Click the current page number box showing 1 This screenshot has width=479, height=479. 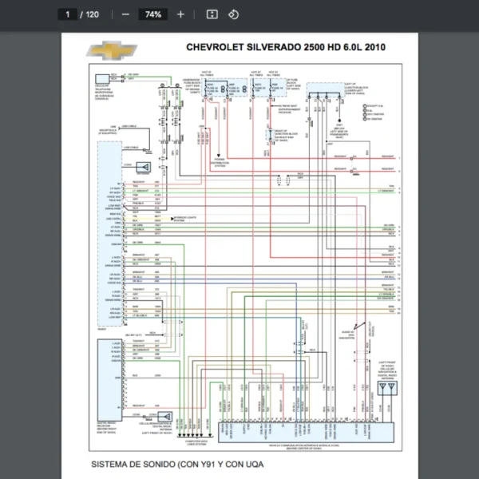(x=69, y=14)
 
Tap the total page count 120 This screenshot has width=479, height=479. (x=93, y=14)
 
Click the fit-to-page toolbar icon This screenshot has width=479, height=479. (x=212, y=14)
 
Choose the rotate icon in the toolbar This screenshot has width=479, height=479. (x=233, y=14)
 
